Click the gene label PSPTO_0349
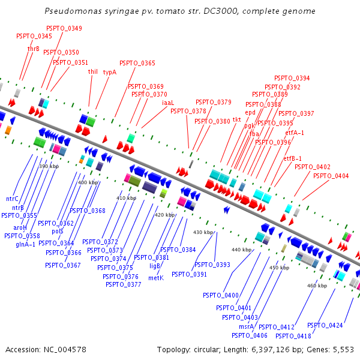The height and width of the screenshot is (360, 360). tap(64, 28)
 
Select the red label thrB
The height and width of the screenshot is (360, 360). tap(34, 49)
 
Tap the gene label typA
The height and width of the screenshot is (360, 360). tap(110, 72)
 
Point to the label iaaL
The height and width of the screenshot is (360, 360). tap(168, 103)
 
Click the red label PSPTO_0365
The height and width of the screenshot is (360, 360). tap(137, 63)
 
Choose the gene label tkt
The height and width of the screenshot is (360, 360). tap(237, 119)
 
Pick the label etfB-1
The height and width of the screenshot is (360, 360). tap(293, 158)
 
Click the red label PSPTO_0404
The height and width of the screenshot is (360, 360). tap(331, 176)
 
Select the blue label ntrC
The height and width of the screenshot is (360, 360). tap(12, 199)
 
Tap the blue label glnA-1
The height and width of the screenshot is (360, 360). tap(25, 245)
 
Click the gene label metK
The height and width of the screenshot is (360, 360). tap(156, 278)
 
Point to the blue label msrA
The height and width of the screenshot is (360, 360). tap(247, 326)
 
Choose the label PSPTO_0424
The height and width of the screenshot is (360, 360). tap(325, 325)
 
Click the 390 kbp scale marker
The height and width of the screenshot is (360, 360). tap(49, 166)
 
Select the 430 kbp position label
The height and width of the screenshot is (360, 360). tap(203, 232)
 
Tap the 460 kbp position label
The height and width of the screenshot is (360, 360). tap(317, 286)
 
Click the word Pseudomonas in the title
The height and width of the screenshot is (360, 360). tap(73, 11)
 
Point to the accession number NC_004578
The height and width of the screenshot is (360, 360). tap(65, 350)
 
